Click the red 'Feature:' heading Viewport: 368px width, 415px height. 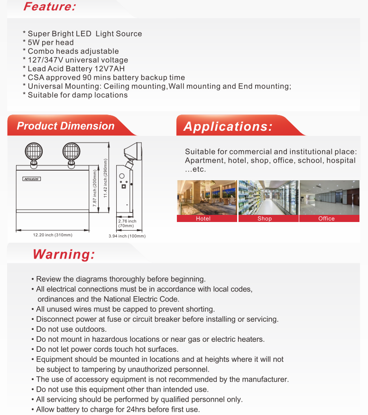coord(49,7)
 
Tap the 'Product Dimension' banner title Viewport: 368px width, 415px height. coord(65,126)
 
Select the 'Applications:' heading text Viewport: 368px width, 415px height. coord(228,127)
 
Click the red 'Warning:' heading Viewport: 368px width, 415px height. coord(64,254)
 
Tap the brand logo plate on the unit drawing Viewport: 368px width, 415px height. coord(32,179)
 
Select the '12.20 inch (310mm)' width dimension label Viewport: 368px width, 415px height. coord(52,235)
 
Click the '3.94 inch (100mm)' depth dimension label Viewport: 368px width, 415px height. coord(127,236)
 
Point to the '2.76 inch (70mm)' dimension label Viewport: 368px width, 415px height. coord(127,223)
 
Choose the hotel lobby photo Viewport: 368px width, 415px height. coord(207,197)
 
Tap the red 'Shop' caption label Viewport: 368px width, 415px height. coord(265,219)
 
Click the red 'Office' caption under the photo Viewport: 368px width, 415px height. coord(327,219)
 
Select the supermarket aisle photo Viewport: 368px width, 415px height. coord(268,197)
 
